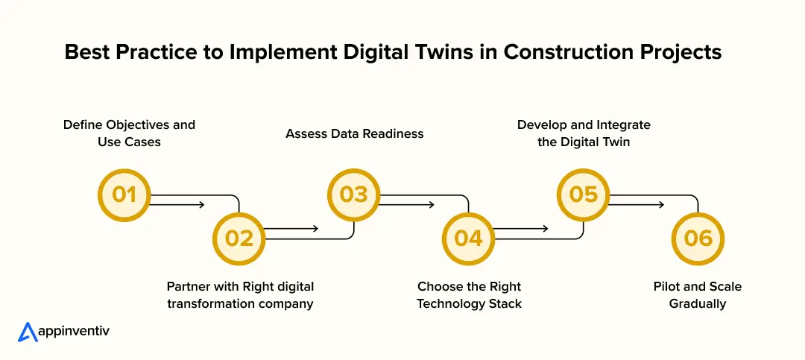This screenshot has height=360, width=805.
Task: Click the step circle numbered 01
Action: (x=124, y=195)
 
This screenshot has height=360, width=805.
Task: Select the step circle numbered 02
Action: (x=239, y=238)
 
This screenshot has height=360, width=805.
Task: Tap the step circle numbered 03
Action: (x=354, y=195)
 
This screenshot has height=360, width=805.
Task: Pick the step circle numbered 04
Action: (x=469, y=238)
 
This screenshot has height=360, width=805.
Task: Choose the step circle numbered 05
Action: (x=584, y=195)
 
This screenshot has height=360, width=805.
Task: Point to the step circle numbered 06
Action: (x=698, y=238)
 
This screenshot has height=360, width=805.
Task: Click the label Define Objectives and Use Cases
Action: (x=129, y=133)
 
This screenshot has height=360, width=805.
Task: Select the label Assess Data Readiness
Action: (x=354, y=133)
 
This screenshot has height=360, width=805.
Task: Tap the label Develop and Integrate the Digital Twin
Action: (x=584, y=133)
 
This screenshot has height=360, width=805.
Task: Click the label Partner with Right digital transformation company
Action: (x=240, y=295)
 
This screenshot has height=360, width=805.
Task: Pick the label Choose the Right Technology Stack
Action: (x=469, y=295)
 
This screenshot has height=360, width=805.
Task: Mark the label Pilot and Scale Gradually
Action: (x=698, y=295)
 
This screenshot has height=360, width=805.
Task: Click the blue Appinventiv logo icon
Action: (x=28, y=332)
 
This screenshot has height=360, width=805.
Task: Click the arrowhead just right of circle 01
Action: (x=201, y=203)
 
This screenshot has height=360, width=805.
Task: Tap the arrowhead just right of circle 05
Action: (x=660, y=203)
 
